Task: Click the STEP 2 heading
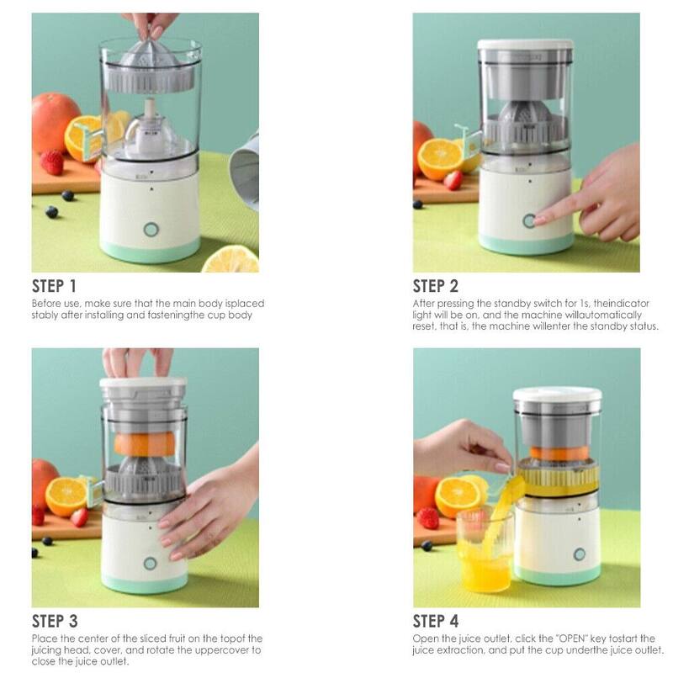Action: (x=437, y=285)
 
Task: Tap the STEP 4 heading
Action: (x=437, y=622)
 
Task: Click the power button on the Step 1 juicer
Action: (x=151, y=230)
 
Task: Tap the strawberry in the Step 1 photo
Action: (x=52, y=162)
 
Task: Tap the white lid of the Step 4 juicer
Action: (x=557, y=394)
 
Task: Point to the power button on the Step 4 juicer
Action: (x=580, y=554)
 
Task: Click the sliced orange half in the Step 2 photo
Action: (x=439, y=159)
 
